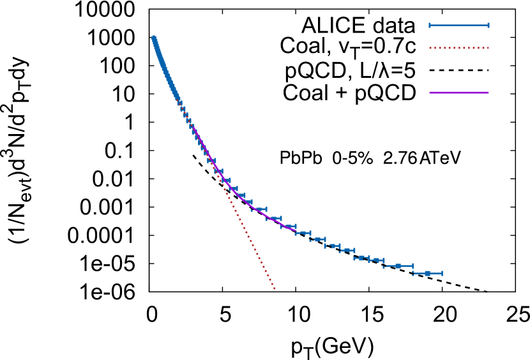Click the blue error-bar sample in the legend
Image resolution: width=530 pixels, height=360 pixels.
tap(459, 26)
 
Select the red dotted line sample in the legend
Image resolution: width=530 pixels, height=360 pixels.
tap(459, 48)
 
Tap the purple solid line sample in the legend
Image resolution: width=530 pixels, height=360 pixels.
tap(459, 93)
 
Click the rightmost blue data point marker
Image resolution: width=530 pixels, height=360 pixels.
tap(427, 273)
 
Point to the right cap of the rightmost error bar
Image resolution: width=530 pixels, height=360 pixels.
tap(442, 273)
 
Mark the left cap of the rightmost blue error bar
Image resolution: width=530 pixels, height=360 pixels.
tap(413, 273)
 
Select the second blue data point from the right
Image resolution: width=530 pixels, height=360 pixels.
tap(398, 266)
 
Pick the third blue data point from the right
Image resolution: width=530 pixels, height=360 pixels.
tap(377, 260)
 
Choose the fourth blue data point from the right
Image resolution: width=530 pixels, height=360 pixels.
tap(361, 258)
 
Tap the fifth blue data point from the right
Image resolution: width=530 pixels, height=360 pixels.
tap(347, 250)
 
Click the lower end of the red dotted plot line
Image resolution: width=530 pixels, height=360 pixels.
tap(275, 289)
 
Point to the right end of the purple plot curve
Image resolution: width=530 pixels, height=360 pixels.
tap(296, 230)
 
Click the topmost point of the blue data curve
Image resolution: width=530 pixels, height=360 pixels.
tap(153, 37)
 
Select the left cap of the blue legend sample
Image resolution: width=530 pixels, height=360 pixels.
tap(430, 26)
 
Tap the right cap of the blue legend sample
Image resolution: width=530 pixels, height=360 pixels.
tap(488, 26)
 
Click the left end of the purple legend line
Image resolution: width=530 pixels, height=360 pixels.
tap(430, 93)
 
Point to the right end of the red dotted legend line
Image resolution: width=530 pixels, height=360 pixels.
tap(488, 48)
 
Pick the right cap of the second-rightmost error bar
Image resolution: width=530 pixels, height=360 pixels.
tap(413, 266)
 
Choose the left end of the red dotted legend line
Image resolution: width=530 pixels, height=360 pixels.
tap(430, 48)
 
